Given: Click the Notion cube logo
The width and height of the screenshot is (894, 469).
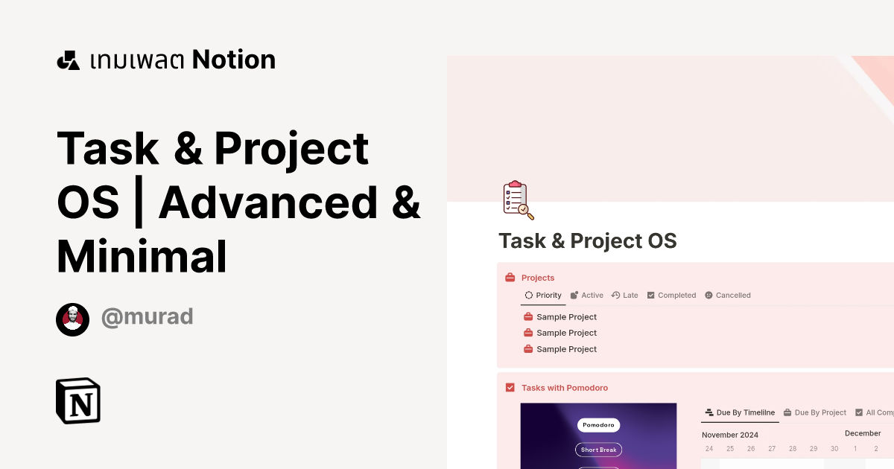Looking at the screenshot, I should pyautogui.click(x=78, y=401).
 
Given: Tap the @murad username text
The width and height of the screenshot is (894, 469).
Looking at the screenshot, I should pyautogui.click(x=147, y=316).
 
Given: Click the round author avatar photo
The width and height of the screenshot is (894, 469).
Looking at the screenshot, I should pyautogui.click(x=72, y=319).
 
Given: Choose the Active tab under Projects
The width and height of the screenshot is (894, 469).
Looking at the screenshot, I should pyautogui.click(x=587, y=296).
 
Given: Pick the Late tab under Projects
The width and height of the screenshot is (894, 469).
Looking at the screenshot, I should pyautogui.click(x=625, y=296).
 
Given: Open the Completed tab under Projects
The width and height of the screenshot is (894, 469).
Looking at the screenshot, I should pyautogui.click(x=671, y=296).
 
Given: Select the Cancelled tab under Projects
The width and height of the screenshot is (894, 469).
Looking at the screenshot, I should pyautogui.click(x=728, y=296).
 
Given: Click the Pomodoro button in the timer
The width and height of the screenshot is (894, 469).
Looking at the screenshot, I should pyautogui.click(x=598, y=425).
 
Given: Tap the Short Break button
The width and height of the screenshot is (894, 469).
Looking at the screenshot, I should pyautogui.click(x=598, y=450).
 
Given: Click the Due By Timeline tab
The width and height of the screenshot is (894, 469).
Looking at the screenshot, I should pyautogui.click(x=740, y=412).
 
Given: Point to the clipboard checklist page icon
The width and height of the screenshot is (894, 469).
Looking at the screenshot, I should pyautogui.click(x=518, y=200).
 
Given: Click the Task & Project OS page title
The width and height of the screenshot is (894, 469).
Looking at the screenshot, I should pyautogui.click(x=587, y=241).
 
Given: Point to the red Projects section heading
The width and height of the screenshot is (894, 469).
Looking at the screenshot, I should pyautogui.click(x=537, y=278).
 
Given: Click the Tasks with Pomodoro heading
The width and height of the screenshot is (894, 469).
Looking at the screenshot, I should pyautogui.click(x=564, y=388).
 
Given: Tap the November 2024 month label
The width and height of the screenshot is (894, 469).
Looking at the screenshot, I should pyautogui.click(x=729, y=435).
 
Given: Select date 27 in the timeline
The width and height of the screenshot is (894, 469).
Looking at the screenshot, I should pyautogui.click(x=772, y=449).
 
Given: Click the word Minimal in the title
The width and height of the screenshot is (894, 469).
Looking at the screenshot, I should pyautogui.click(x=142, y=256).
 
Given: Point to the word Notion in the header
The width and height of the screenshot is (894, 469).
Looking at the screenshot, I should pyautogui.click(x=234, y=60).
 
